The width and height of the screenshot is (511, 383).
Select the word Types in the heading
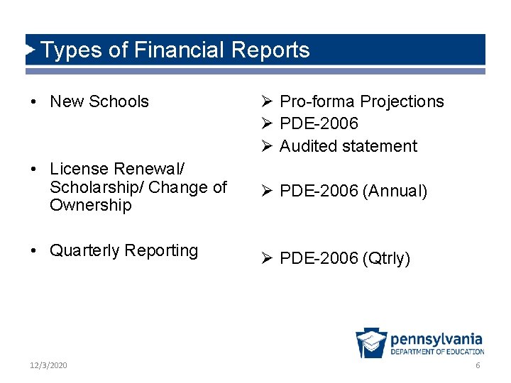coord(67,50)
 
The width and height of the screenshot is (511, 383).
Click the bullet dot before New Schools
coord(34,101)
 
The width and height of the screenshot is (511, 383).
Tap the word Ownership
coord(91,205)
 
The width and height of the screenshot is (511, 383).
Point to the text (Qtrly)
coord(386,258)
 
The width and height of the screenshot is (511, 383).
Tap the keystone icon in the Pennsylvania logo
coord(370,343)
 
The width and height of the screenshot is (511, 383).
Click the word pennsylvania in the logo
coord(436,339)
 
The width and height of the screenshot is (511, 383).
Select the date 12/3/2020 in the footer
coord(49,365)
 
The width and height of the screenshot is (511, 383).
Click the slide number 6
coord(478,365)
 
